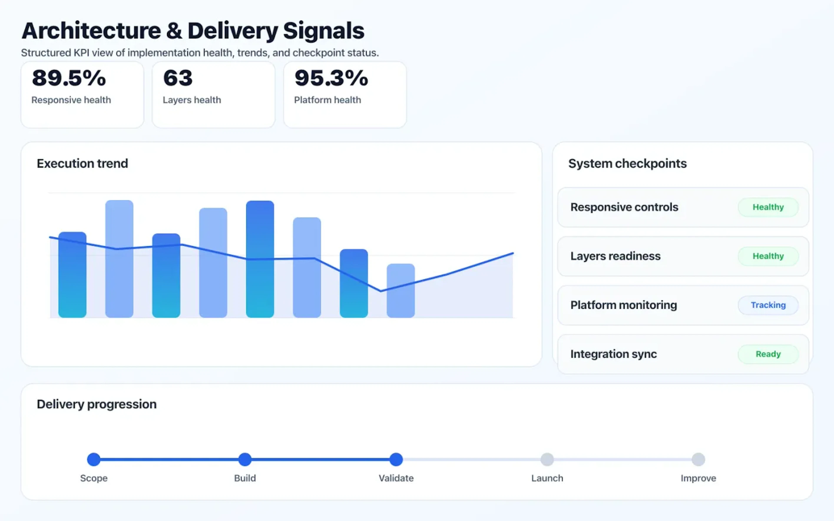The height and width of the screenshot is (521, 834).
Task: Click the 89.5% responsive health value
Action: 69,78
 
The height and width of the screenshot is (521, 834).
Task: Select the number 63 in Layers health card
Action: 178,78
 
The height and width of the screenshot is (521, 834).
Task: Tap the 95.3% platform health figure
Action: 331,78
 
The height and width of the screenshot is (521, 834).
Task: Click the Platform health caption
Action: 327,100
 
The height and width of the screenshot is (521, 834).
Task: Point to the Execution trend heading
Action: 82,163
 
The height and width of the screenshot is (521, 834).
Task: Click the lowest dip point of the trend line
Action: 381,291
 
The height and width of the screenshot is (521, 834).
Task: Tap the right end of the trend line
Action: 513,254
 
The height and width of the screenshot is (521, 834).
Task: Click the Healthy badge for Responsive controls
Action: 768,207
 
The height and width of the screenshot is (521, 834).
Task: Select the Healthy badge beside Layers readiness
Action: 768,256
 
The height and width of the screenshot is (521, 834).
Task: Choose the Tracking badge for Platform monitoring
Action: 768,305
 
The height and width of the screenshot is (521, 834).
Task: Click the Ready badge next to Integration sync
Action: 768,354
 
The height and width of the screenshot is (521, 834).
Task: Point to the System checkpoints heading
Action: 627,163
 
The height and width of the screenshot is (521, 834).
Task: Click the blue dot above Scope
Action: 94,459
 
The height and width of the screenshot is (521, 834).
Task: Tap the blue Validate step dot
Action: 396,459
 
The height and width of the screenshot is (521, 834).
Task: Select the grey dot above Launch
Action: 547,459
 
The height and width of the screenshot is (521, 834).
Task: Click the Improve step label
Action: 698,478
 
